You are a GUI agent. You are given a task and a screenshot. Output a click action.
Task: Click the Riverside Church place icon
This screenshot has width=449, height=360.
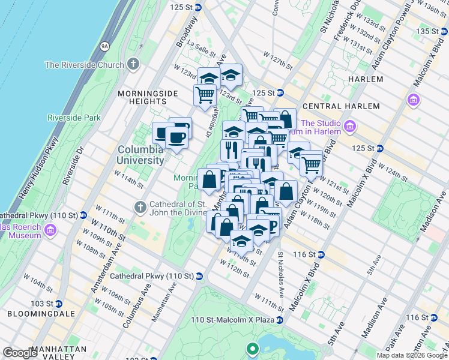click(133, 64)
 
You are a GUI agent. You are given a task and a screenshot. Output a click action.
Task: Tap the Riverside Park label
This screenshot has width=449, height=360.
click(74, 118)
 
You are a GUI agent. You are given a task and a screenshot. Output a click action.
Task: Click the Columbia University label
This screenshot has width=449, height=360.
click(140, 155)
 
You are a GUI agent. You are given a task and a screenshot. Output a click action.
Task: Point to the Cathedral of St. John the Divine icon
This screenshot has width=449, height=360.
click(140, 208)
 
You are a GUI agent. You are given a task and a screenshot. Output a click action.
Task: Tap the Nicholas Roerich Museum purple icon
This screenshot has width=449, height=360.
click(50, 230)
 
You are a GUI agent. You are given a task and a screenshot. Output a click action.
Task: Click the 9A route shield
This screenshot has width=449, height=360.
click(105, 46)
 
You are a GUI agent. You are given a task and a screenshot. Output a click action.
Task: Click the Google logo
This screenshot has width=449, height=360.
click(20, 353)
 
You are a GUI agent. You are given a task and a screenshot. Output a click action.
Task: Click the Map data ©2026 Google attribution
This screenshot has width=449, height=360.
click(412, 355)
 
